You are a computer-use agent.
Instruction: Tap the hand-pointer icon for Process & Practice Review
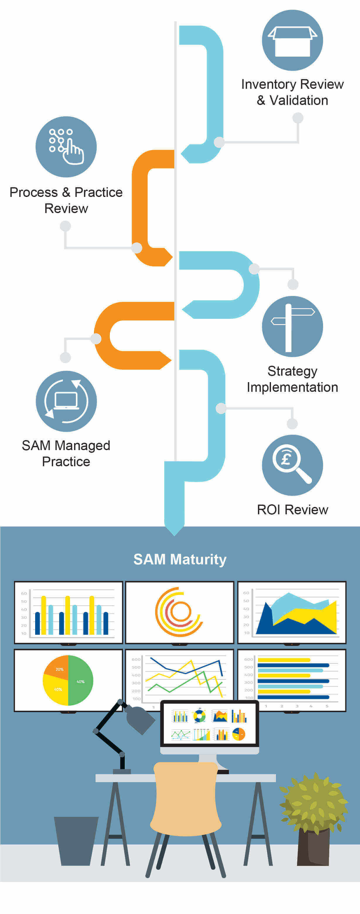pyautogui.click(x=66, y=147)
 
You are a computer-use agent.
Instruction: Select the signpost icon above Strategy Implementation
pyautogui.click(x=292, y=326)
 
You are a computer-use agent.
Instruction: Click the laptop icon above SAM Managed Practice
pyautogui.click(x=66, y=401)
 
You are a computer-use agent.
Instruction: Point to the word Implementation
pyautogui.click(x=292, y=387)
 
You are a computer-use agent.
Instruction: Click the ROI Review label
pyautogui.click(x=292, y=510)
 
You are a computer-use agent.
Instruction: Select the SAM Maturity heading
pyautogui.click(x=180, y=559)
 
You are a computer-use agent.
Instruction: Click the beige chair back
pyautogui.click(x=185, y=798)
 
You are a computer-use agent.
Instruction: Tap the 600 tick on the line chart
pyautogui.click(x=136, y=659)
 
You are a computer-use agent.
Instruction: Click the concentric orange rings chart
pyautogui.click(x=178, y=612)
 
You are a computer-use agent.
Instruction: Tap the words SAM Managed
pyautogui.click(x=66, y=446)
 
